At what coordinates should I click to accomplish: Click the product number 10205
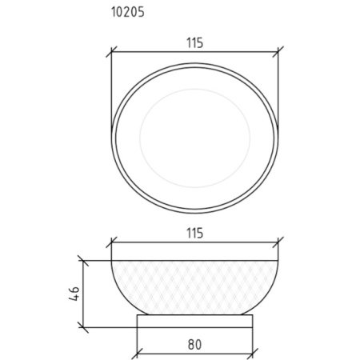(x=128, y=12)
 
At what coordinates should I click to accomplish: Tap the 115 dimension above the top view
(x=194, y=43)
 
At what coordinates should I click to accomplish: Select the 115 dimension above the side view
(x=194, y=234)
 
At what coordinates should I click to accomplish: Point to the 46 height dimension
(x=74, y=294)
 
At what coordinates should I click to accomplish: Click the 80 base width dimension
(x=194, y=345)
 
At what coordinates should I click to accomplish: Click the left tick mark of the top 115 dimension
(x=111, y=52)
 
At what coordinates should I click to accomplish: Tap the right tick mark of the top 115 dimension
(x=278, y=51)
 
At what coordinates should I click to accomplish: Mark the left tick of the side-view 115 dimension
(x=111, y=242)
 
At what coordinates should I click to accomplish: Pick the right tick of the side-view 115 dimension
(x=278, y=242)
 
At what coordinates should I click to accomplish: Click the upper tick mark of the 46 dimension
(x=83, y=261)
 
